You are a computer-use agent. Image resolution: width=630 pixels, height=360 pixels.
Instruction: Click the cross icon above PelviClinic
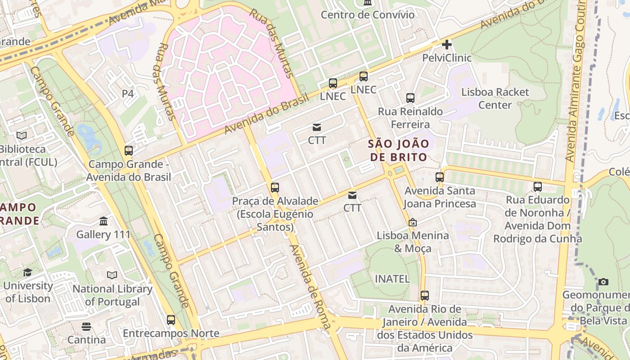click(x=446, y=45)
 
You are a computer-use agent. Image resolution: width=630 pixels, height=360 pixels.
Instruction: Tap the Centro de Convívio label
click(x=367, y=14)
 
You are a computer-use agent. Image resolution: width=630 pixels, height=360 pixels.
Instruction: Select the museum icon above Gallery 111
click(x=103, y=221)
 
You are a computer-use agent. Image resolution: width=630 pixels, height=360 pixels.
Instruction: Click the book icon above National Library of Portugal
click(x=112, y=275)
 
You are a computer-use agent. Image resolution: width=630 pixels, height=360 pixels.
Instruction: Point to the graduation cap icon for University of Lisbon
click(x=27, y=272)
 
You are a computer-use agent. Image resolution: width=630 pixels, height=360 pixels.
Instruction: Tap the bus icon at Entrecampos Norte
click(x=171, y=320)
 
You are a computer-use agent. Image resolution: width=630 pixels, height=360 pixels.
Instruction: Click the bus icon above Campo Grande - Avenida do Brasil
click(x=129, y=151)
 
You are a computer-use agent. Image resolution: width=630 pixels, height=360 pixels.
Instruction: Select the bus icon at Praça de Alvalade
click(x=275, y=188)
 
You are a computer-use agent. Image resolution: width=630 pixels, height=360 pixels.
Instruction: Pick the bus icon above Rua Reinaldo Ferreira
click(x=410, y=98)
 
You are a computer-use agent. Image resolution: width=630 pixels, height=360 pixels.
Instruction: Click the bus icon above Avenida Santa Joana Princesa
click(x=440, y=177)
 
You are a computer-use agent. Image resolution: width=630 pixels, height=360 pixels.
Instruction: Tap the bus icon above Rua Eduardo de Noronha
click(x=537, y=186)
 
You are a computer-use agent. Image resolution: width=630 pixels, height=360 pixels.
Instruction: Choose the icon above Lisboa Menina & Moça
click(x=412, y=222)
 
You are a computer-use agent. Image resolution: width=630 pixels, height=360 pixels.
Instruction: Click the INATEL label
click(x=392, y=279)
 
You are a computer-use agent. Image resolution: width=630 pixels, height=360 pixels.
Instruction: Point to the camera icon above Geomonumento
click(x=603, y=282)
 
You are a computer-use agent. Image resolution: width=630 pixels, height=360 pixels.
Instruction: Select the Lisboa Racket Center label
click(x=495, y=99)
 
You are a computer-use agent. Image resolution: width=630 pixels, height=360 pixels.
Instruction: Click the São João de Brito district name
click(x=398, y=150)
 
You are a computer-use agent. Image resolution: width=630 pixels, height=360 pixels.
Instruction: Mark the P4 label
click(x=128, y=94)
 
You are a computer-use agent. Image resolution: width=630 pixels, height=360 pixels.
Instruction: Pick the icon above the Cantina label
click(x=86, y=326)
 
